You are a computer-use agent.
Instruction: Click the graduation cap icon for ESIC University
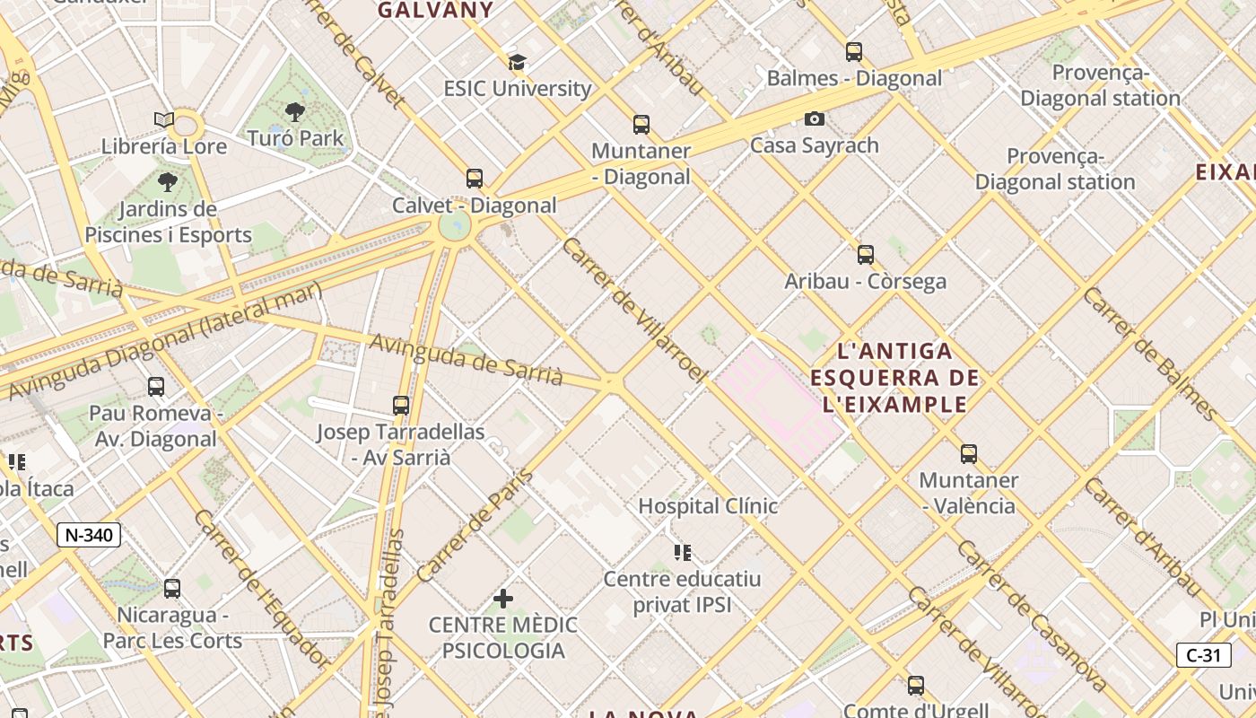pyautogui.click(x=517, y=62)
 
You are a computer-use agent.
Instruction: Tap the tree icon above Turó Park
pyautogui.click(x=294, y=112)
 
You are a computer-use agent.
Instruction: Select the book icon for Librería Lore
pyautogui.click(x=163, y=119)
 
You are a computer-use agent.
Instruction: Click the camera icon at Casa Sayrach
pyautogui.click(x=814, y=118)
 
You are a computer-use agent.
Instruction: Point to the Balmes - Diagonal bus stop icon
pyautogui.click(x=853, y=52)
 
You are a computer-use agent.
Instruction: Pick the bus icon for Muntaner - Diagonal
pyautogui.click(x=641, y=125)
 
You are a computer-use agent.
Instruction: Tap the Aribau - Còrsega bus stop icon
pyautogui.click(x=865, y=255)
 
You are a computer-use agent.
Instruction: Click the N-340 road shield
pyautogui.click(x=89, y=535)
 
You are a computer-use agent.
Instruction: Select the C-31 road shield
pyautogui.click(x=1203, y=655)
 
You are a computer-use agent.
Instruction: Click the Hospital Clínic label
pyautogui.click(x=708, y=506)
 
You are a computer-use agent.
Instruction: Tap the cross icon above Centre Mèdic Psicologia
pyautogui.click(x=503, y=598)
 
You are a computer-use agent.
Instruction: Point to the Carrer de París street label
pyautogui.click(x=475, y=525)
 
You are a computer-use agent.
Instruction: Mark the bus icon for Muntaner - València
pyautogui.click(x=968, y=454)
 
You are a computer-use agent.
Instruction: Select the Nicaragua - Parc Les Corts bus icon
pyautogui.click(x=171, y=589)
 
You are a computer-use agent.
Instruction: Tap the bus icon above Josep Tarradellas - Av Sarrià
pyautogui.click(x=401, y=406)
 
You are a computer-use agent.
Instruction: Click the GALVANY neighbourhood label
pyautogui.click(x=435, y=11)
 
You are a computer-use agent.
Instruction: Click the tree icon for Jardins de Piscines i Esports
pyautogui.click(x=167, y=183)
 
